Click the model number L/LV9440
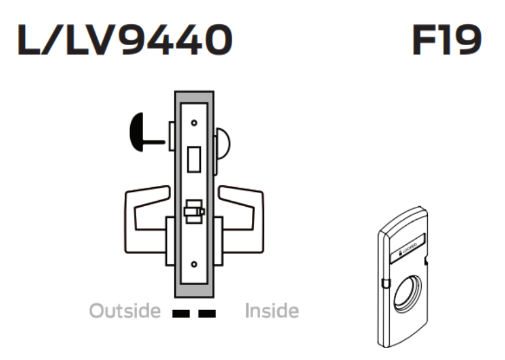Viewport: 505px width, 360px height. click(125, 41)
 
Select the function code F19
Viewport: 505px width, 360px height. click(446, 41)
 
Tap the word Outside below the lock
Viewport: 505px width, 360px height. click(125, 311)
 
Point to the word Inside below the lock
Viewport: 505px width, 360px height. click(272, 311)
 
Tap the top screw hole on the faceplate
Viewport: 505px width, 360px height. click(194, 123)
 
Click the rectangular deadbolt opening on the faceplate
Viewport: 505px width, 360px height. click(194, 160)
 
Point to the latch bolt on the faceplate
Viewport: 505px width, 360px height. click(193, 211)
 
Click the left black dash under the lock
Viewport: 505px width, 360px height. click(179, 312)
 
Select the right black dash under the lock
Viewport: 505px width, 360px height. click(207, 312)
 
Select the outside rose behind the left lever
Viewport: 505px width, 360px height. click(169, 241)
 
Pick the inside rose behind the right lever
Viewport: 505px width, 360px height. click(218, 241)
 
